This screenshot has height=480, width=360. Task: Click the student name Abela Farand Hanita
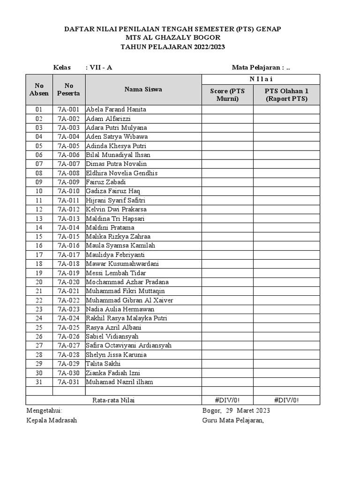[116, 109]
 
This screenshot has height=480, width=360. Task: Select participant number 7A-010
[69, 191]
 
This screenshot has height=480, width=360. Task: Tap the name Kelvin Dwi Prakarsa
[116, 209]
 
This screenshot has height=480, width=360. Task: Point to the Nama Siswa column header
[143, 89]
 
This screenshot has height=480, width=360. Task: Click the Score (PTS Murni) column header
[227, 95]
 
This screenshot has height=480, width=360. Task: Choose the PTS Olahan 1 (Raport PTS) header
[286, 95]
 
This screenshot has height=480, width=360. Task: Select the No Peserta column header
[69, 89]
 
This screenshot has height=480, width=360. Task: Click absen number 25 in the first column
[39, 327]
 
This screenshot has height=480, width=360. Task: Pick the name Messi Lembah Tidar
[116, 273]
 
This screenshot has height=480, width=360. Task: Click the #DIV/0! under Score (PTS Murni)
[227, 400]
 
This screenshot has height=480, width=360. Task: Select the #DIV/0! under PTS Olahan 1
[286, 400]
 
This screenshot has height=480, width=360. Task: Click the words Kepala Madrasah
[52, 420]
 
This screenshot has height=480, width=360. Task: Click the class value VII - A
[100, 67]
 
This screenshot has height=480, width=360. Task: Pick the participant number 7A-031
[69, 382]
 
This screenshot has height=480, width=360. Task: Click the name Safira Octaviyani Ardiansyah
[129, 345]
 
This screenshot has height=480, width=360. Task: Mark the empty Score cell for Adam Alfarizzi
[227, 119]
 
